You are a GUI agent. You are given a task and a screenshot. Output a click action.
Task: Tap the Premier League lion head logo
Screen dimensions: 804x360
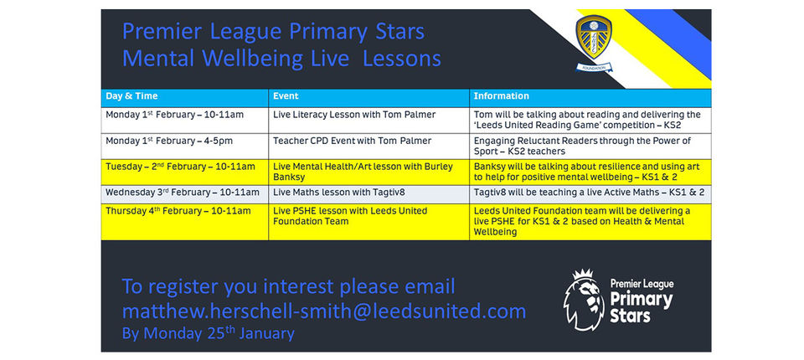pyautogui.click(x=584, y=300)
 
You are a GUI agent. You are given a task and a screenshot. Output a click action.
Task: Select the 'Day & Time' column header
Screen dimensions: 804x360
pyautogui.click(x=131, y=96)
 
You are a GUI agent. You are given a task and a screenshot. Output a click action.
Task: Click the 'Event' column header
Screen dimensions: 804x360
pyautogui.click(x=286, y=96)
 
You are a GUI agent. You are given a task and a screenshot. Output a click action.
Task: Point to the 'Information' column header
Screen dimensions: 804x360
pyautogui.click(x=501, y=96)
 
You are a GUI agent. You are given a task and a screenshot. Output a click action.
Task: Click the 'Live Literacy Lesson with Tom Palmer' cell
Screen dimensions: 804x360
pyautogui.click(x=354, y=115)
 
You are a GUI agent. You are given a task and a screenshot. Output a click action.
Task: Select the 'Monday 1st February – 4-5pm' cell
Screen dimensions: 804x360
pyautogui.click(x=184, y=147)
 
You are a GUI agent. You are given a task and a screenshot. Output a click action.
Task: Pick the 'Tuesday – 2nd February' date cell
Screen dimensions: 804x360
pyautogui.click(x=184, y=172)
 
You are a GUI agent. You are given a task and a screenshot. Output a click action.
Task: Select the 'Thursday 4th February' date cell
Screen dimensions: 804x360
pyautogui.click(x=184, y=222)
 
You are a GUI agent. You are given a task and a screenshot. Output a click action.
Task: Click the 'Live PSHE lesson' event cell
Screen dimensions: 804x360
pyautogui.click(x=368, y=222)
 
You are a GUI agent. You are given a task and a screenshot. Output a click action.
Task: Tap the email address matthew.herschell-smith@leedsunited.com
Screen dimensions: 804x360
pyautogui.click(x=324, y=311)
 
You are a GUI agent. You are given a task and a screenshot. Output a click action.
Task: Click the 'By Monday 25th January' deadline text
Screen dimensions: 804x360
pyautogui.click(x=209, y=333)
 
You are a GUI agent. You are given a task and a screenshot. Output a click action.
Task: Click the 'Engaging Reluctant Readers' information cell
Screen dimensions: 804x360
pyautogui.click(x=590, y=147)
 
